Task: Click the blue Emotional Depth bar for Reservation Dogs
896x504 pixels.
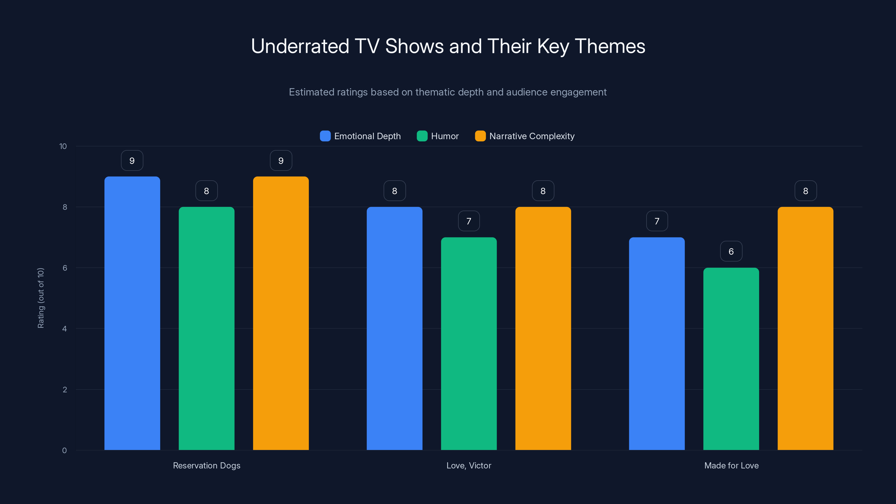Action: pos(132,313)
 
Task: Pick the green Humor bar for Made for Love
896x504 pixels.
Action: pos(731,359)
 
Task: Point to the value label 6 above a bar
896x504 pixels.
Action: pos(731,251)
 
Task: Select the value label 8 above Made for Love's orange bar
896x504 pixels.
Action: pos(806,191)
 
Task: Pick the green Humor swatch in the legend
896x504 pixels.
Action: pos(422,136)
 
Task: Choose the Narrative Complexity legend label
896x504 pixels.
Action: pos(532,136)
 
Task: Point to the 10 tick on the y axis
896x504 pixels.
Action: pos(63,146)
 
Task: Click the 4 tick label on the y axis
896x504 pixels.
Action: pos(64,329)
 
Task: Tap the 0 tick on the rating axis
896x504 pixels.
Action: pos(64,451)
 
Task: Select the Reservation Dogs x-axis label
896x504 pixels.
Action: pos(207,465)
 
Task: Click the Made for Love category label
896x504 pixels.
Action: pos(731,465)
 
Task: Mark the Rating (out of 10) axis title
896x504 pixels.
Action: pos(41,298)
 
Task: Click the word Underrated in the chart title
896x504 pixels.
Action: pos(300,46)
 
